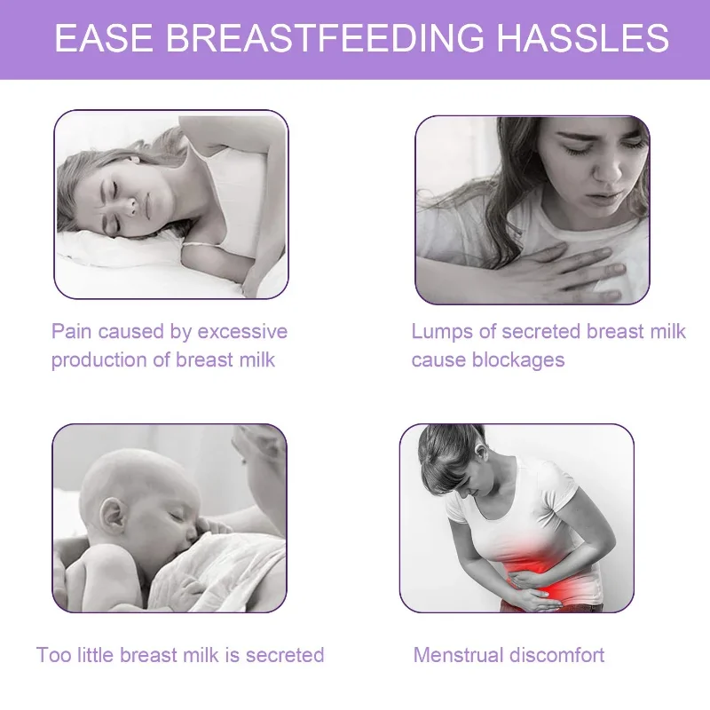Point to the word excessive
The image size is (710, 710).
[242, 332]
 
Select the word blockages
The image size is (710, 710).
[520, 360]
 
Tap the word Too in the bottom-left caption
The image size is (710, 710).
[53, 656]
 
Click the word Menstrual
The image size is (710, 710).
[458, 656]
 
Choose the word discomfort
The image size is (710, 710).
[557, 656]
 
